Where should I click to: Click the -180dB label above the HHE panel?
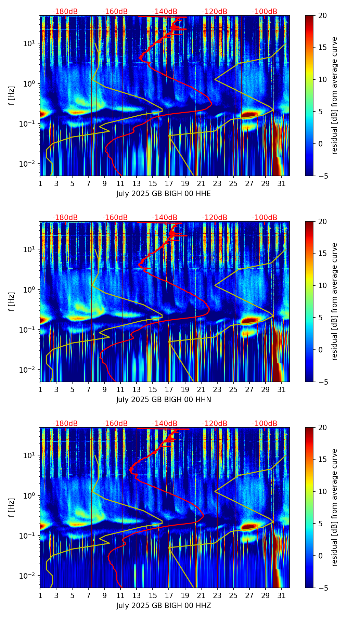(65, 12)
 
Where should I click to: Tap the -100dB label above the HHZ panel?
(265, 424)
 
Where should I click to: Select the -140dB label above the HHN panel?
(165, 218)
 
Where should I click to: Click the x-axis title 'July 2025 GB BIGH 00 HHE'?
(164, 194)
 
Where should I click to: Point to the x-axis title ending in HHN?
(164, 400)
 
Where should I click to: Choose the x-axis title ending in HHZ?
(164, 606)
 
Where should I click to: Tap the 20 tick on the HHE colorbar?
(322, 15)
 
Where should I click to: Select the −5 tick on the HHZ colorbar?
(322, 588)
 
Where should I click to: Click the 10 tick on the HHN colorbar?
(322, 285)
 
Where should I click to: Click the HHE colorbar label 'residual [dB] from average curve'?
(335, 95)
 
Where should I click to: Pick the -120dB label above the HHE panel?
(215, 12)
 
